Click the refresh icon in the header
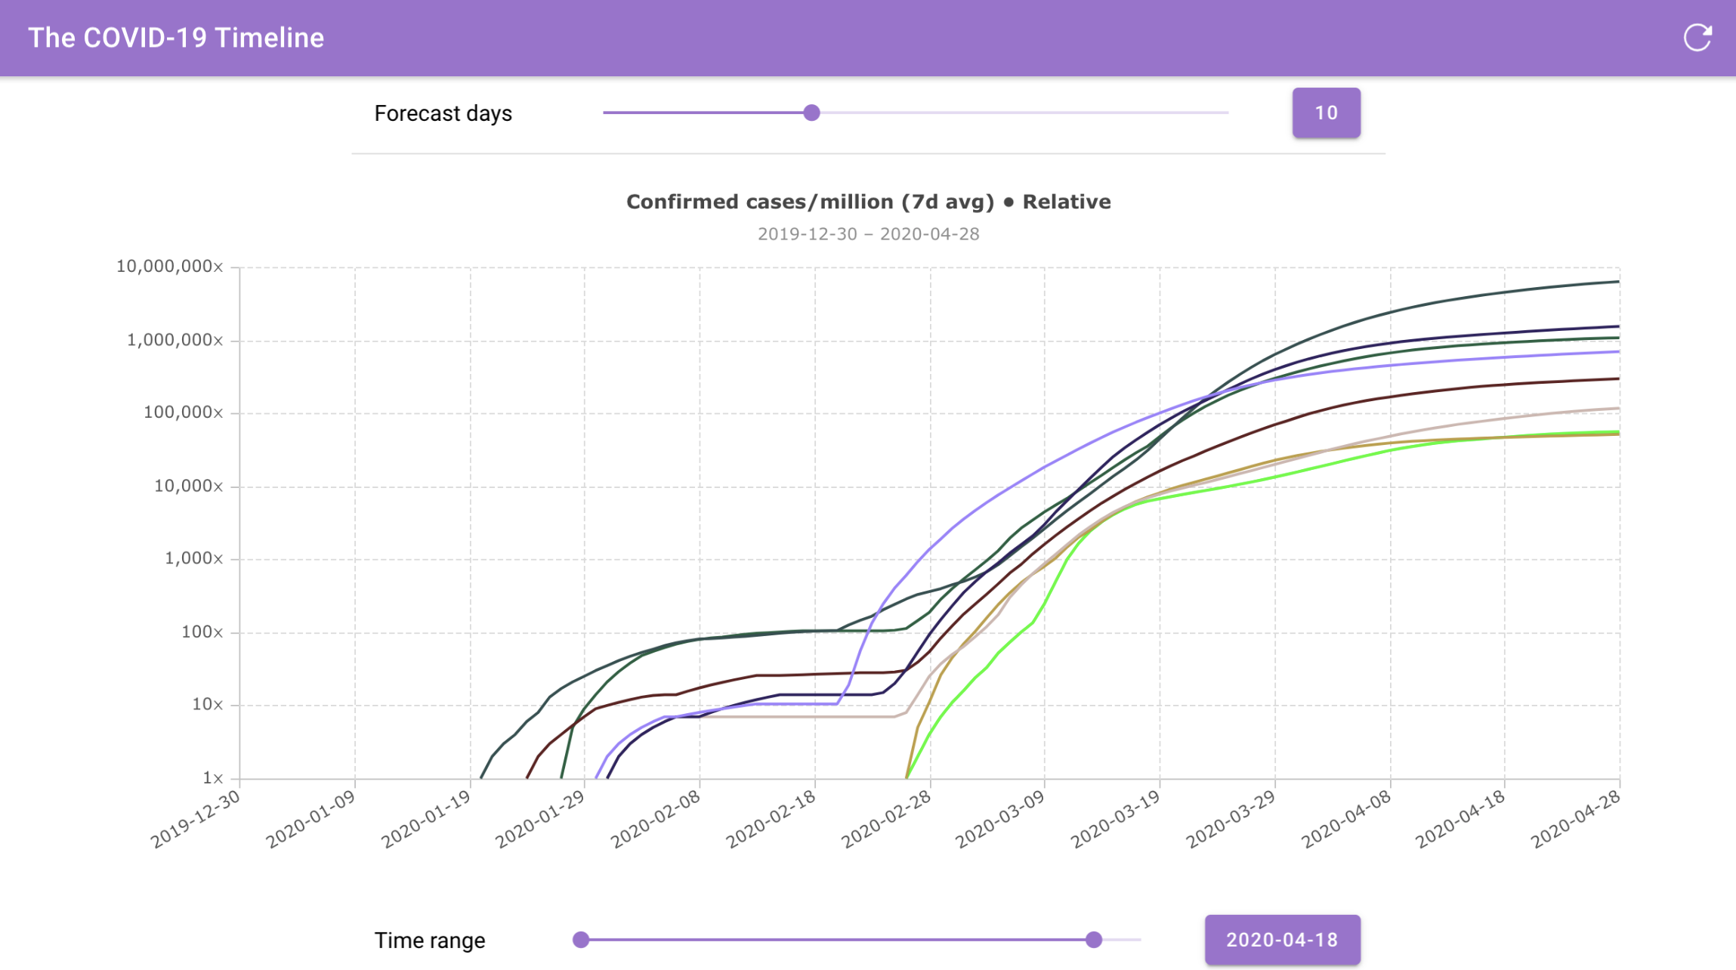[1697, 37]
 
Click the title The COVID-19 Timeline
[176, 38]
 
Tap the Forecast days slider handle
[811, 113]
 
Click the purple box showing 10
[1326, 113]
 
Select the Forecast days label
[443, 113]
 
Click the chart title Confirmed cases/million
[810, 202]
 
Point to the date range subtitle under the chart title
[868, 234]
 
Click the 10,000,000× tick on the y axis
[170, 266]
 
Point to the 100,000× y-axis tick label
[184, 412]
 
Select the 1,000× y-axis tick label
[194, 558]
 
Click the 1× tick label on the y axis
[213, 777]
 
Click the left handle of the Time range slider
[580, 940]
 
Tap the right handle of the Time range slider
[1093, 940]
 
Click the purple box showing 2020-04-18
[1282, 940]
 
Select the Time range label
[429, 941]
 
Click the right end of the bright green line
[1619, 432]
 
